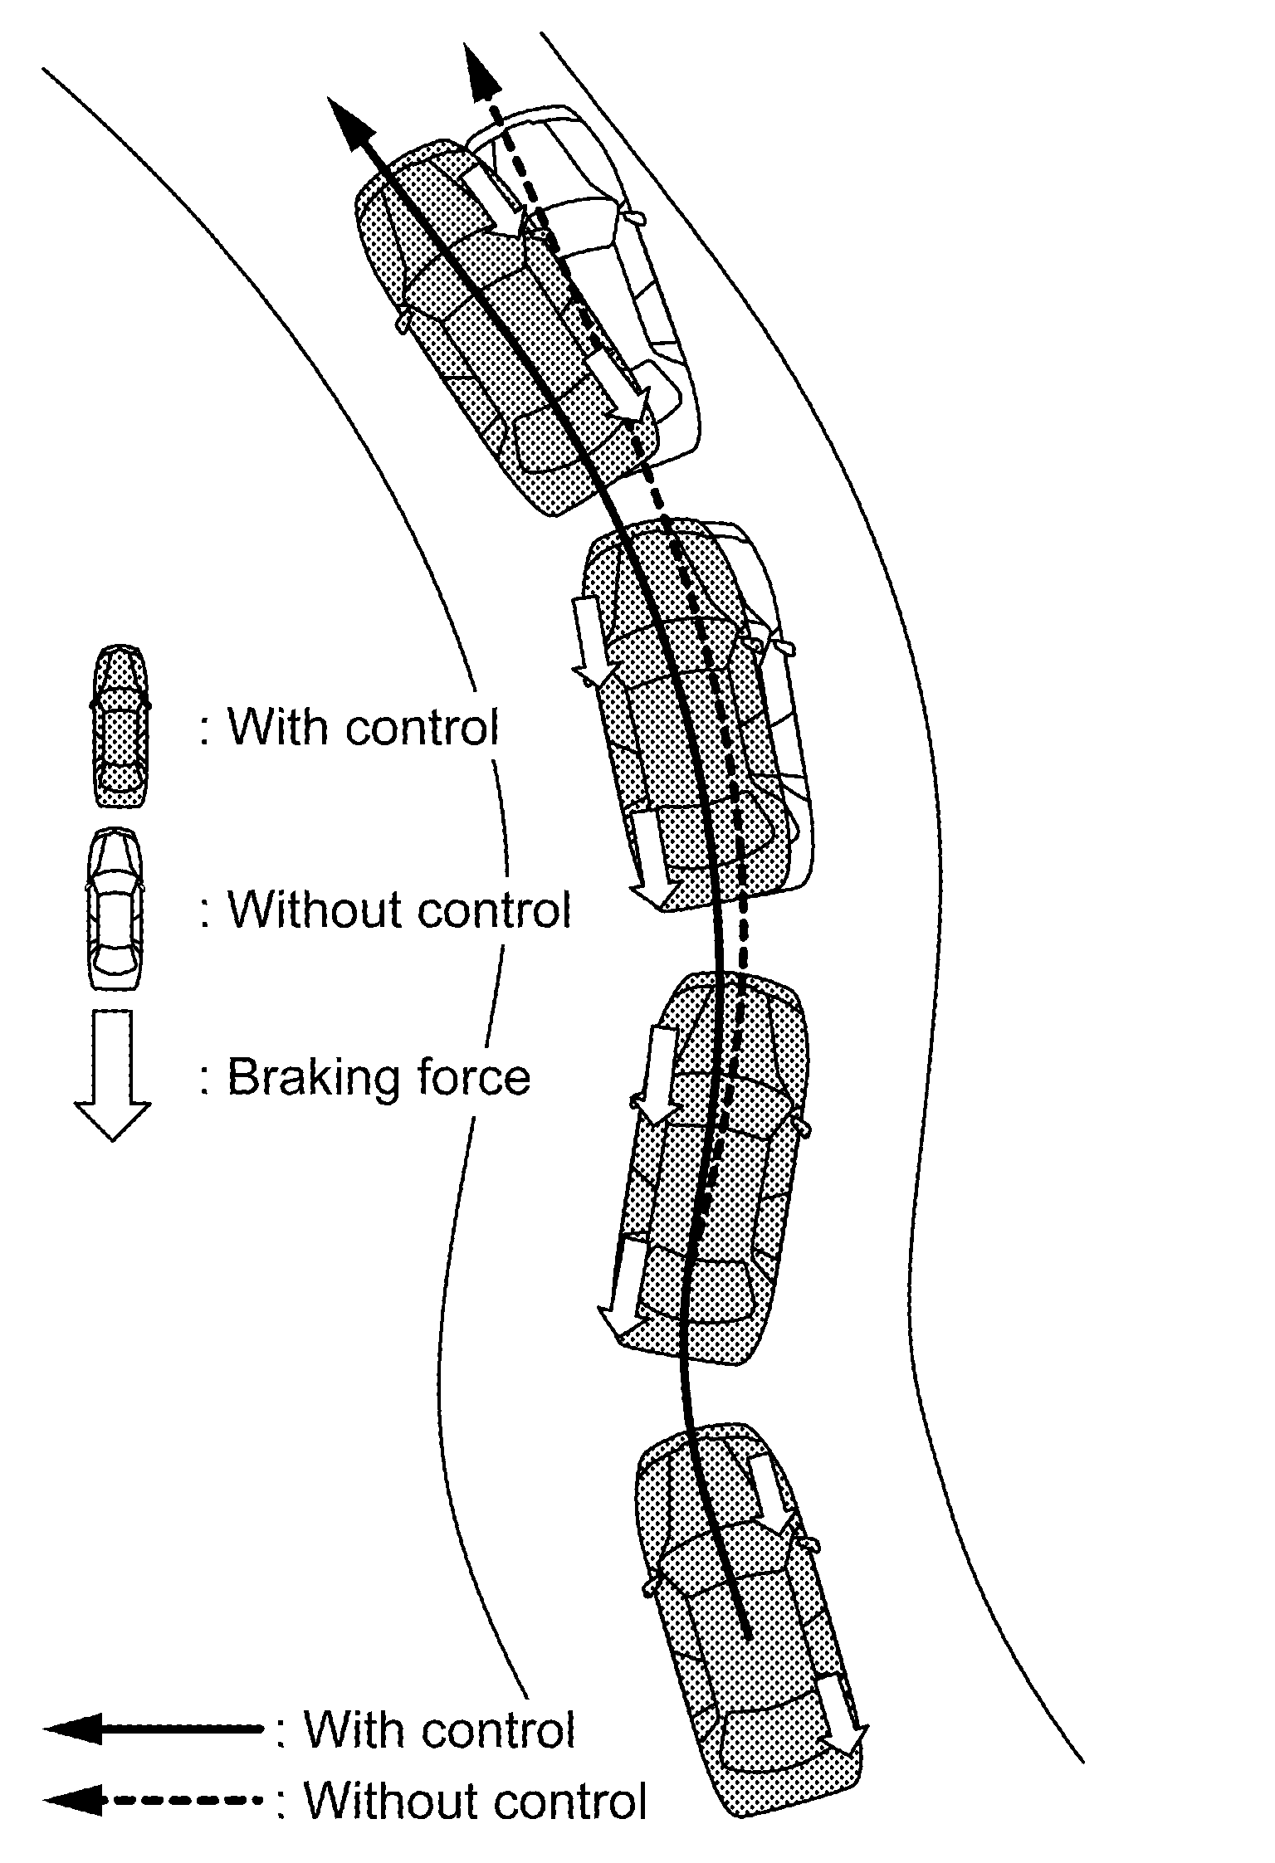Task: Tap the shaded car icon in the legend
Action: click(x=121, y=726)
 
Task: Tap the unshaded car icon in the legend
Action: click(x=115, y=908)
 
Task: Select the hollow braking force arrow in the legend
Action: click(x=112, y=1074)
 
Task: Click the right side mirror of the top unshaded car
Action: click(x=634, y=217)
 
